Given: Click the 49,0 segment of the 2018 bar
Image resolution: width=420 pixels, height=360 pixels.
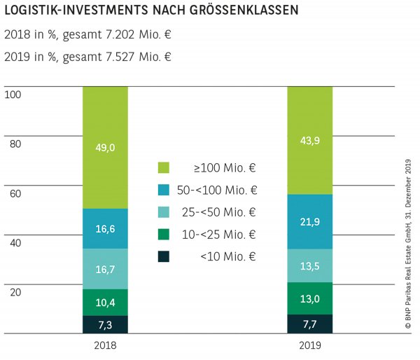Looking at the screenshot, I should tap(105, 147).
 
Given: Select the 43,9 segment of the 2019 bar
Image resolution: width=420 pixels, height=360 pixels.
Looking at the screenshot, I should tap(310, 140).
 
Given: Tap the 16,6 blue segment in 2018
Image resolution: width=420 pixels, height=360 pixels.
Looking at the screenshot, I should tap(105, 228).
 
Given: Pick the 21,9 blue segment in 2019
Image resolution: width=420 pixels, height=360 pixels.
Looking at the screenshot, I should tap(310, 221).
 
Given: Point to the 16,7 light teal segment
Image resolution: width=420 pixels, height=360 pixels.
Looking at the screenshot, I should tap(105, 269).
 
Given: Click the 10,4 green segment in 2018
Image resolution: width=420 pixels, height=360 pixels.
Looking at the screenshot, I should tap(105, 302).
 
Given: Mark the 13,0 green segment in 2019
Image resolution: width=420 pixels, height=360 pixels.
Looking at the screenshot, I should tap(310, 298).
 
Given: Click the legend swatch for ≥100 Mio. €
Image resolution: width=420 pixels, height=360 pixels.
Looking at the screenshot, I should tap(164, 167).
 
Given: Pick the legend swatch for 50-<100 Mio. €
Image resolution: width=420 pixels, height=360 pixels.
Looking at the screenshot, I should tap(164, 190).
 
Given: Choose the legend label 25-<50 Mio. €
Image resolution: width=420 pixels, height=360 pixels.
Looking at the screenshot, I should tap(227, 212).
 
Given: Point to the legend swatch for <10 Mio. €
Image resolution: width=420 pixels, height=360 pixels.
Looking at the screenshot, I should tap(164, 256).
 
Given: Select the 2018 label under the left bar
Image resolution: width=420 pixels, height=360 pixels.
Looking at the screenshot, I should tap(105, 346).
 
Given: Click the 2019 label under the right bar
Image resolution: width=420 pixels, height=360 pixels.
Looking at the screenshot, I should tap(310, 346).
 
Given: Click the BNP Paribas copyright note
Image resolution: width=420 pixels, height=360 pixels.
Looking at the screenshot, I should tap(409, 238).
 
